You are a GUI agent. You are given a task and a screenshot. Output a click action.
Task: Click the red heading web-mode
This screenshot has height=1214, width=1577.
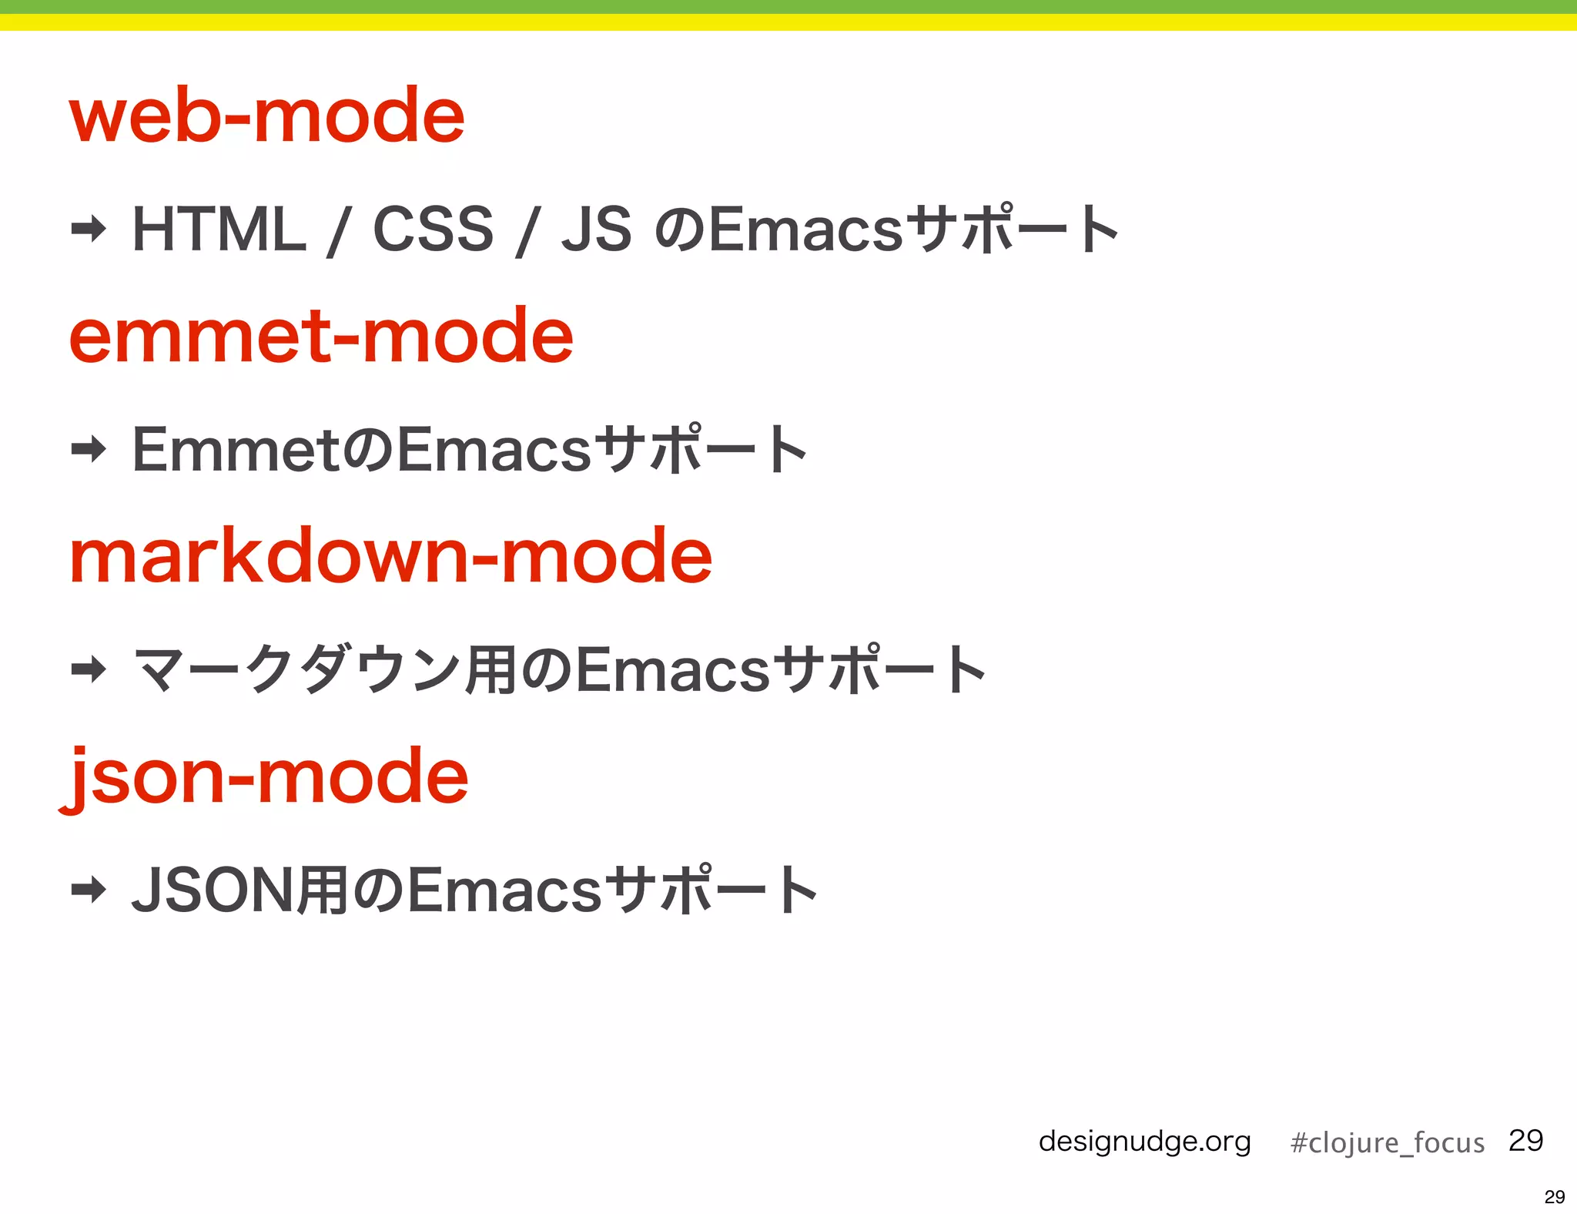(266, 116)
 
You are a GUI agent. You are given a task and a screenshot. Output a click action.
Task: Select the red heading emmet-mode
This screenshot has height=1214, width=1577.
(321, 336)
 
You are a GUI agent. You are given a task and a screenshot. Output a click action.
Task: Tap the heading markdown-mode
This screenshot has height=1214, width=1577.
(390, 556)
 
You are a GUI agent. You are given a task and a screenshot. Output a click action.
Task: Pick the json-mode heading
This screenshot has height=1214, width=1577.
(266, 776)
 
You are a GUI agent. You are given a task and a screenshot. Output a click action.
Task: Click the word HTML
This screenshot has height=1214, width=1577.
(219, 230)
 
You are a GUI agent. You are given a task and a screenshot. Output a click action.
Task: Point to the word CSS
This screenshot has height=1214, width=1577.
(433, 230)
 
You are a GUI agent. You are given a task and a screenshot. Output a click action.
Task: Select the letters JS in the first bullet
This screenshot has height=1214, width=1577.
(597, 230)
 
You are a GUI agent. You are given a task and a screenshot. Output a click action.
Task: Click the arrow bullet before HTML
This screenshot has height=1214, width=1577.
(89, 229)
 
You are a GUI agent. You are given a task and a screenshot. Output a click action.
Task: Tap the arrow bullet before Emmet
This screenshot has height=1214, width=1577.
(89, 449)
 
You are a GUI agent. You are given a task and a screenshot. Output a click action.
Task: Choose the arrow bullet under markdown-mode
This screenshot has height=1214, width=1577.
(89, 669)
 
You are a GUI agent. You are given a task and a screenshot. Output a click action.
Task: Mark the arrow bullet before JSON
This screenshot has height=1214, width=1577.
(89, 890)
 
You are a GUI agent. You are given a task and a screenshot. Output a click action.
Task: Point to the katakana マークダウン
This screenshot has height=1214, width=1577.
(297, 669)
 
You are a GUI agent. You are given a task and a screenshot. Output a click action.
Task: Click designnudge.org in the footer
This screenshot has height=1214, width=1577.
(1144, 1141)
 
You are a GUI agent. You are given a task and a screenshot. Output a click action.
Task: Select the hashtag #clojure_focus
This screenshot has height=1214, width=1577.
(1387, 1142)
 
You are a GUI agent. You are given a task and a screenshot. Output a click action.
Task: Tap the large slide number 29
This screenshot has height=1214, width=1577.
(1525, 1140)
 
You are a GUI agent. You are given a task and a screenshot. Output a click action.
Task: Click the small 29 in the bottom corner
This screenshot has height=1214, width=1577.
(1554, 1196)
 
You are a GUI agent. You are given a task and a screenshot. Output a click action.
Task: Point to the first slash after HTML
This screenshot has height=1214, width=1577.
(336, 231)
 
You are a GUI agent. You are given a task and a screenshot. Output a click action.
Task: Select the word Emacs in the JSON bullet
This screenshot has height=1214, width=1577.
(504, 890)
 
